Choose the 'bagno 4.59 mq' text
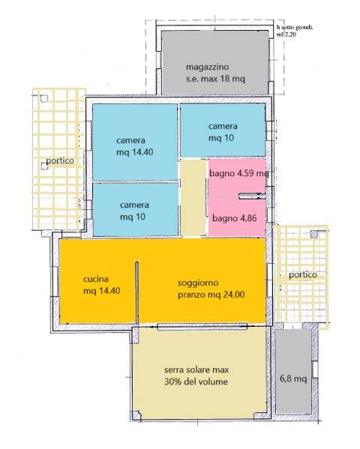(238, 173)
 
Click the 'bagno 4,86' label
(235, 219)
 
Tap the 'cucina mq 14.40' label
(101, 286)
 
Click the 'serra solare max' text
(199, 370)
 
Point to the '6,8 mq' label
(293, 379)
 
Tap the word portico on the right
(300, 275)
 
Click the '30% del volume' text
(199, 382)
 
